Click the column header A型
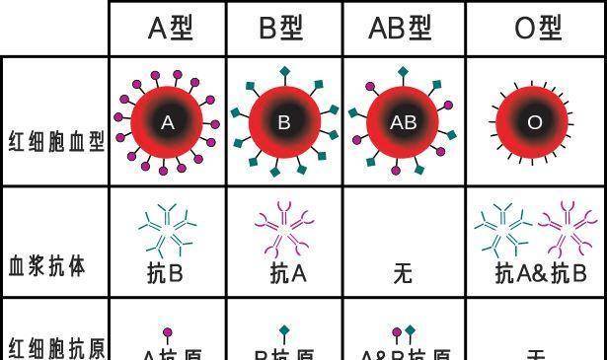[x=170, y=29]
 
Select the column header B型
[x=283, y=29]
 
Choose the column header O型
[x=538, y=29]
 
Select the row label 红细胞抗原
[x=55, y=347]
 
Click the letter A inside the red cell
[x=168, y=123]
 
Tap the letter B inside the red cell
[x=284, y=123]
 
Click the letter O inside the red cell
[x=535, y=123]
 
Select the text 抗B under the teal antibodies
[x=165, y=272]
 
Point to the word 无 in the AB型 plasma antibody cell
[x=403, y=272]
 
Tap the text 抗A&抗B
[x=540, y=272]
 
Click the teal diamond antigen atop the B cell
[x=284, y=71]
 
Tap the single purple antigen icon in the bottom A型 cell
[x=167, y=334]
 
